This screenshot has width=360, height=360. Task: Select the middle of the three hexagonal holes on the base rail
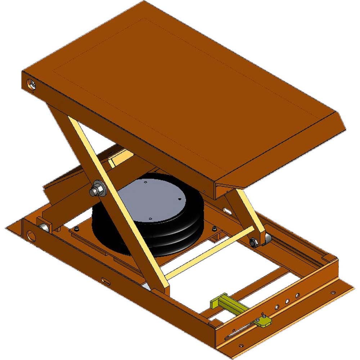pyautogui.click(x=287, y=301)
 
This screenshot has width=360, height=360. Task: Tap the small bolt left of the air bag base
pyautogui.click(x=76, y=229)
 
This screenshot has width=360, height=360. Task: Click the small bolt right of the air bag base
pyautogui.click(x=215, y=229)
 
